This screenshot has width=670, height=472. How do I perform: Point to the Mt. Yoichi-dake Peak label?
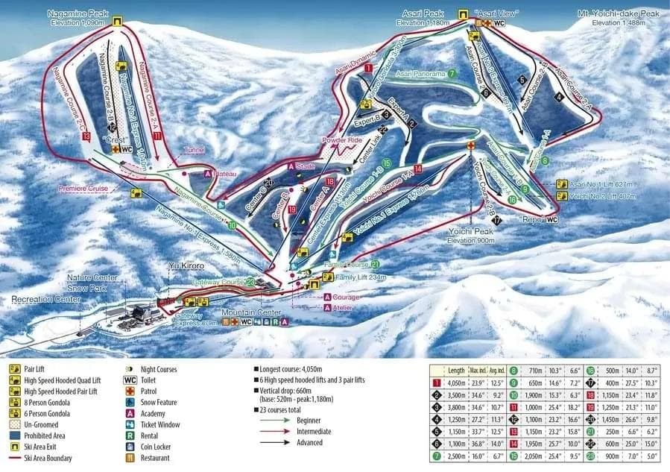pyautogui.click(x=618, y=13)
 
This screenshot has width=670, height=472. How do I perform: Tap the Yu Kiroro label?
pyautogui.click(x=186, y=265)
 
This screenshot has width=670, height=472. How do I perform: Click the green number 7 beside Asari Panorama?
pyautogui.click(x=452, y=73)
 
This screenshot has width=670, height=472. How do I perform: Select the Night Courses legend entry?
pyautogui.click(x=158, y=369)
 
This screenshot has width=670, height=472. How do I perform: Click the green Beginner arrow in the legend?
pyautogui.click(x=274, y=420)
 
